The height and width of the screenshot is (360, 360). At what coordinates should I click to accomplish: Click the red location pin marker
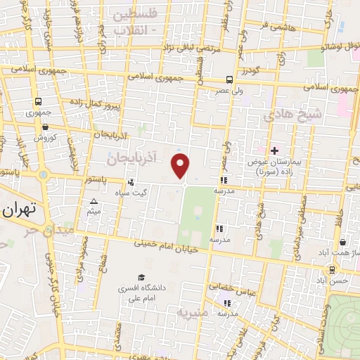[181, 166]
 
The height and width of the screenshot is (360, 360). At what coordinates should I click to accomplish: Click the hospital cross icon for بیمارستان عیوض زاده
[275, 150]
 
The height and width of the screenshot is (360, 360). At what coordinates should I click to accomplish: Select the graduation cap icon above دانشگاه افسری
[141, 277]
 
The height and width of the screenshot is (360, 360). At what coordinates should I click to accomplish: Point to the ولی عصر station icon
[230, 80]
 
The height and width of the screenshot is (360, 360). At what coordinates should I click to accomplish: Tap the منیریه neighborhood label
[193, 311]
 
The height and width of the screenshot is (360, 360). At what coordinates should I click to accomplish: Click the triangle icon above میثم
[94, 201]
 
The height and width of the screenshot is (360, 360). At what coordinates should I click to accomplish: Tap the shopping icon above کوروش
[44, 127]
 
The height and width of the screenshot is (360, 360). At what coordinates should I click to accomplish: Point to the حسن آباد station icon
[331, 269]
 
